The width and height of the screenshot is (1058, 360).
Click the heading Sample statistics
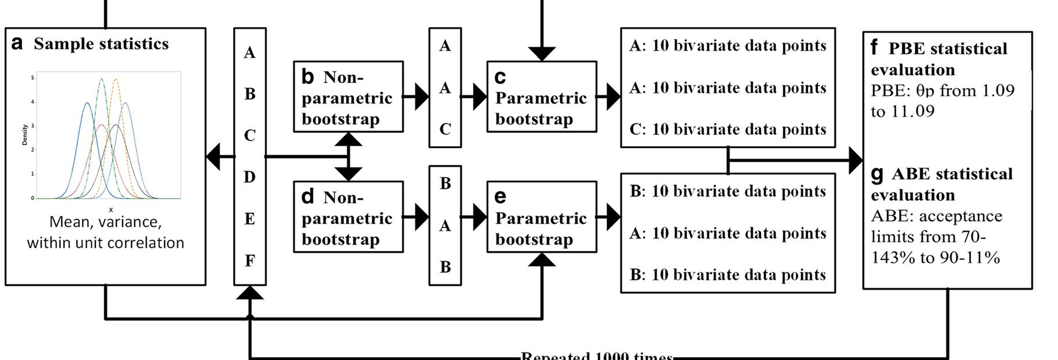[x=101, y=44]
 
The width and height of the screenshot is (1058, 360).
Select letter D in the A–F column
[x=249, y=177]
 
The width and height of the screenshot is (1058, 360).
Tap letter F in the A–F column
[x=249, y=261]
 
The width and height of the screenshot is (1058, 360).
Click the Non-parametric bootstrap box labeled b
[x=348, y=97]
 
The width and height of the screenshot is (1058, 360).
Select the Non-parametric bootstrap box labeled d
[x=348, y=218]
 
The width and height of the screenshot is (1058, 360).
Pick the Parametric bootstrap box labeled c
[x=541, y=97]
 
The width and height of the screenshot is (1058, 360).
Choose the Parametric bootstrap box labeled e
[x=541, y=218]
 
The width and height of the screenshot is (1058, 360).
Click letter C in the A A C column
[x=445, y=129]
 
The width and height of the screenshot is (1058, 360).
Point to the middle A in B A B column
[x=445, y=226]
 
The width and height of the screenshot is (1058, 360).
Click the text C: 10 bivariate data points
[x=727, y=129]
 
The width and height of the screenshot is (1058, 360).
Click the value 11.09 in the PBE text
[x=913, y=111]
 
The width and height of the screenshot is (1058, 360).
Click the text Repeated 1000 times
[x=597, y=355]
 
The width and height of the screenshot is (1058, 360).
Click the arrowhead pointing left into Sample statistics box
[x=213, y=156]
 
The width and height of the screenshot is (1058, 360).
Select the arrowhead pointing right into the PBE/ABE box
[x=856, y=159]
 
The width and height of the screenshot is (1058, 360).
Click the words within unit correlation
[x=105, y=243]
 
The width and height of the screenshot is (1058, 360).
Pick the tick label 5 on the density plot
[x=33, y=77]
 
